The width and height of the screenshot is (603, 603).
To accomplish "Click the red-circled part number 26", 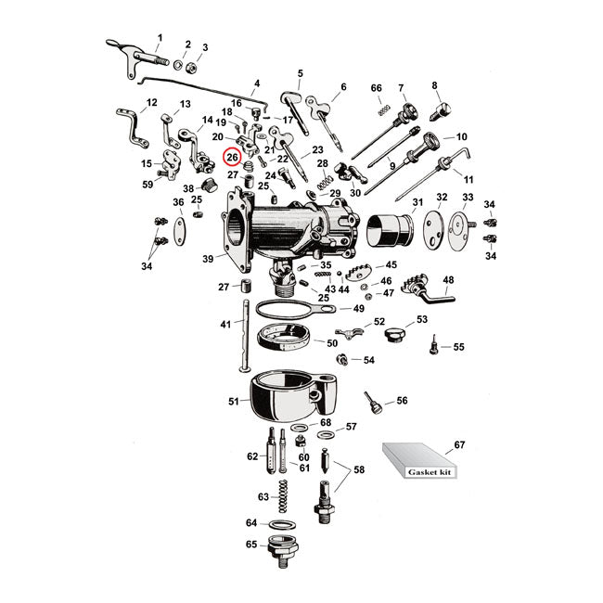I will point(232,157).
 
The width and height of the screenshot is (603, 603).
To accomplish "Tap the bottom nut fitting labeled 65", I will point(281,551).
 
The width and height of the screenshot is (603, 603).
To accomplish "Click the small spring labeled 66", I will point(379,109).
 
